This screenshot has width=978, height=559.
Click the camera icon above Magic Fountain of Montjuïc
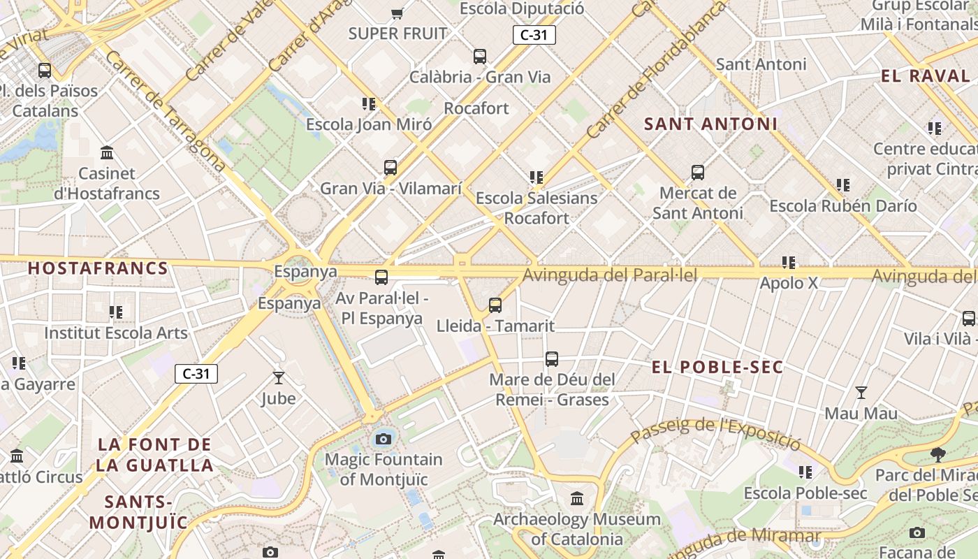click(x=383, y=439)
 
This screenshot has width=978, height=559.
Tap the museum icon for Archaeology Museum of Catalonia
click(x=577, y=499)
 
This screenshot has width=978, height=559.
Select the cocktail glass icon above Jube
click(x=279, y=378)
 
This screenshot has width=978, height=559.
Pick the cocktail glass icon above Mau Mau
click(x=861, y=393)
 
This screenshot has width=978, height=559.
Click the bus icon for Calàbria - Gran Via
click(x=479, y=57)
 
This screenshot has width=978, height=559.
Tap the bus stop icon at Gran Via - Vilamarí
click(x=391, y=168)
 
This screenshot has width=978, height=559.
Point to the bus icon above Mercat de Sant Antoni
click(x=697, y=172)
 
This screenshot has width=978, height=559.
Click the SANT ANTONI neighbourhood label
click(x=710, y=124)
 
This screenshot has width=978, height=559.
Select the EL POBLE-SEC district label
click(x=717, y=367)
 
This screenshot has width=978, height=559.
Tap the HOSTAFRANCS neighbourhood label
click(x=98, y=268)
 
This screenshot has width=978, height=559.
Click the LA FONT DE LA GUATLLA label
click(x=155, y=455)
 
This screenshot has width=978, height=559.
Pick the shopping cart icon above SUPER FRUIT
click(x=397, y=13)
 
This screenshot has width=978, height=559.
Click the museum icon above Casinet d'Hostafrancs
click(x=107, y=152)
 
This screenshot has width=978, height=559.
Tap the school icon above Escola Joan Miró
click(x=369, y=104)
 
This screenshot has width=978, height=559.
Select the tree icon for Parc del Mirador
click(x=938, y=456)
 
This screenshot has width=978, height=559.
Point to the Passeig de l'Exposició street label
click(x=715, y=432)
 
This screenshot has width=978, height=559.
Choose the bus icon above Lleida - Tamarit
click(x=495, y=305)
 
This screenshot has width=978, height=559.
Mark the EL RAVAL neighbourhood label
click(x=926, y=76)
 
